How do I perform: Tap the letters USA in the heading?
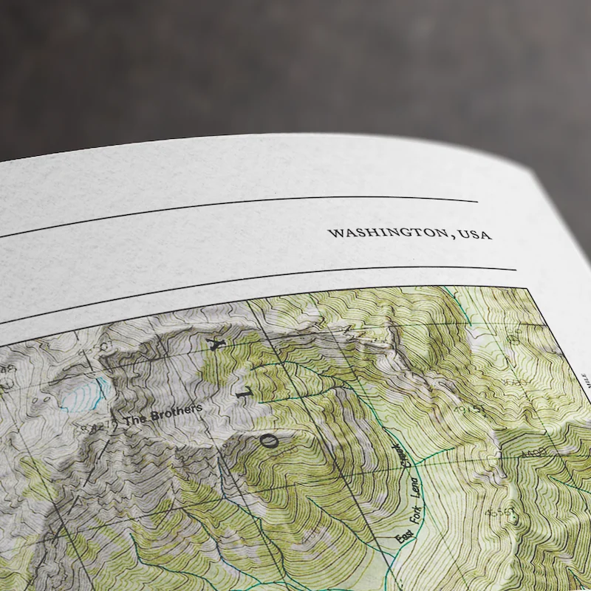tap(474, 235)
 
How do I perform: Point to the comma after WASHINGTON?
tap(450, 236)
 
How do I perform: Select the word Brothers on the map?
tap(177, 411)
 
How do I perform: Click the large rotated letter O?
tap(271, 443)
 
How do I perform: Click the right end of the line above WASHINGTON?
tap(477, 200)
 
